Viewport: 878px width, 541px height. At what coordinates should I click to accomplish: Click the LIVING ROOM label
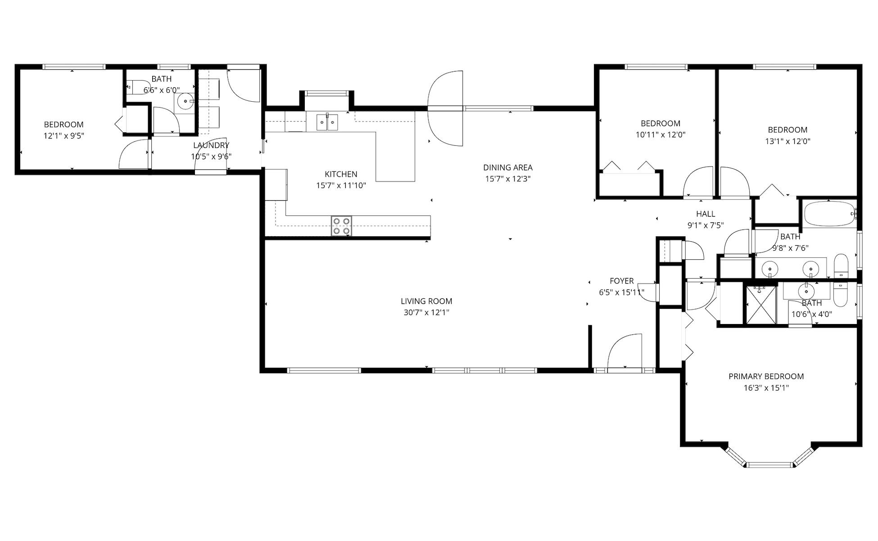click(426, 301)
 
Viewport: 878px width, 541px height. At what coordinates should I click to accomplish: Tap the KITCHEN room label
click(341, 174)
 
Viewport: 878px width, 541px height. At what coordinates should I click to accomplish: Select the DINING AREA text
click(507, 167)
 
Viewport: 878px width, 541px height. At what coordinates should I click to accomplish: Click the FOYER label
click(621, 281)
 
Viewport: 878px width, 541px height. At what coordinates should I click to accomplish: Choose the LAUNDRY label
click(211, 145)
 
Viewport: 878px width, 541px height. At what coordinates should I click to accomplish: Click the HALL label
click(705, 214)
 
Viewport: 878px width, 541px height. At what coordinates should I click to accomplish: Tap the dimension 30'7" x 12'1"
click(426, 312)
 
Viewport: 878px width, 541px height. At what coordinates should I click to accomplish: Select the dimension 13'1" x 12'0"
click(787, 141)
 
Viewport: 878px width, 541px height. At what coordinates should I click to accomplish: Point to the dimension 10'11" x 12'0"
click(661, 135)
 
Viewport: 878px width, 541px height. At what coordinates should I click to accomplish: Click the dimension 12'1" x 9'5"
click(63, 136)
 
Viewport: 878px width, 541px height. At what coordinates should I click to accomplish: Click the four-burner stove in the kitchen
click(341, 226)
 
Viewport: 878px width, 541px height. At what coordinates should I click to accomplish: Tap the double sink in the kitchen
click(327, 122)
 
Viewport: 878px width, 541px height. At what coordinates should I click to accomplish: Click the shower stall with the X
click(761, 305)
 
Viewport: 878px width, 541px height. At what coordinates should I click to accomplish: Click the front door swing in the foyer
click(625, 351)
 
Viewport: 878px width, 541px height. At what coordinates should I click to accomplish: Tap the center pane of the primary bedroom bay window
click(770, 464)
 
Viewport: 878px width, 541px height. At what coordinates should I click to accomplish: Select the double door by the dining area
click(445, 108)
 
